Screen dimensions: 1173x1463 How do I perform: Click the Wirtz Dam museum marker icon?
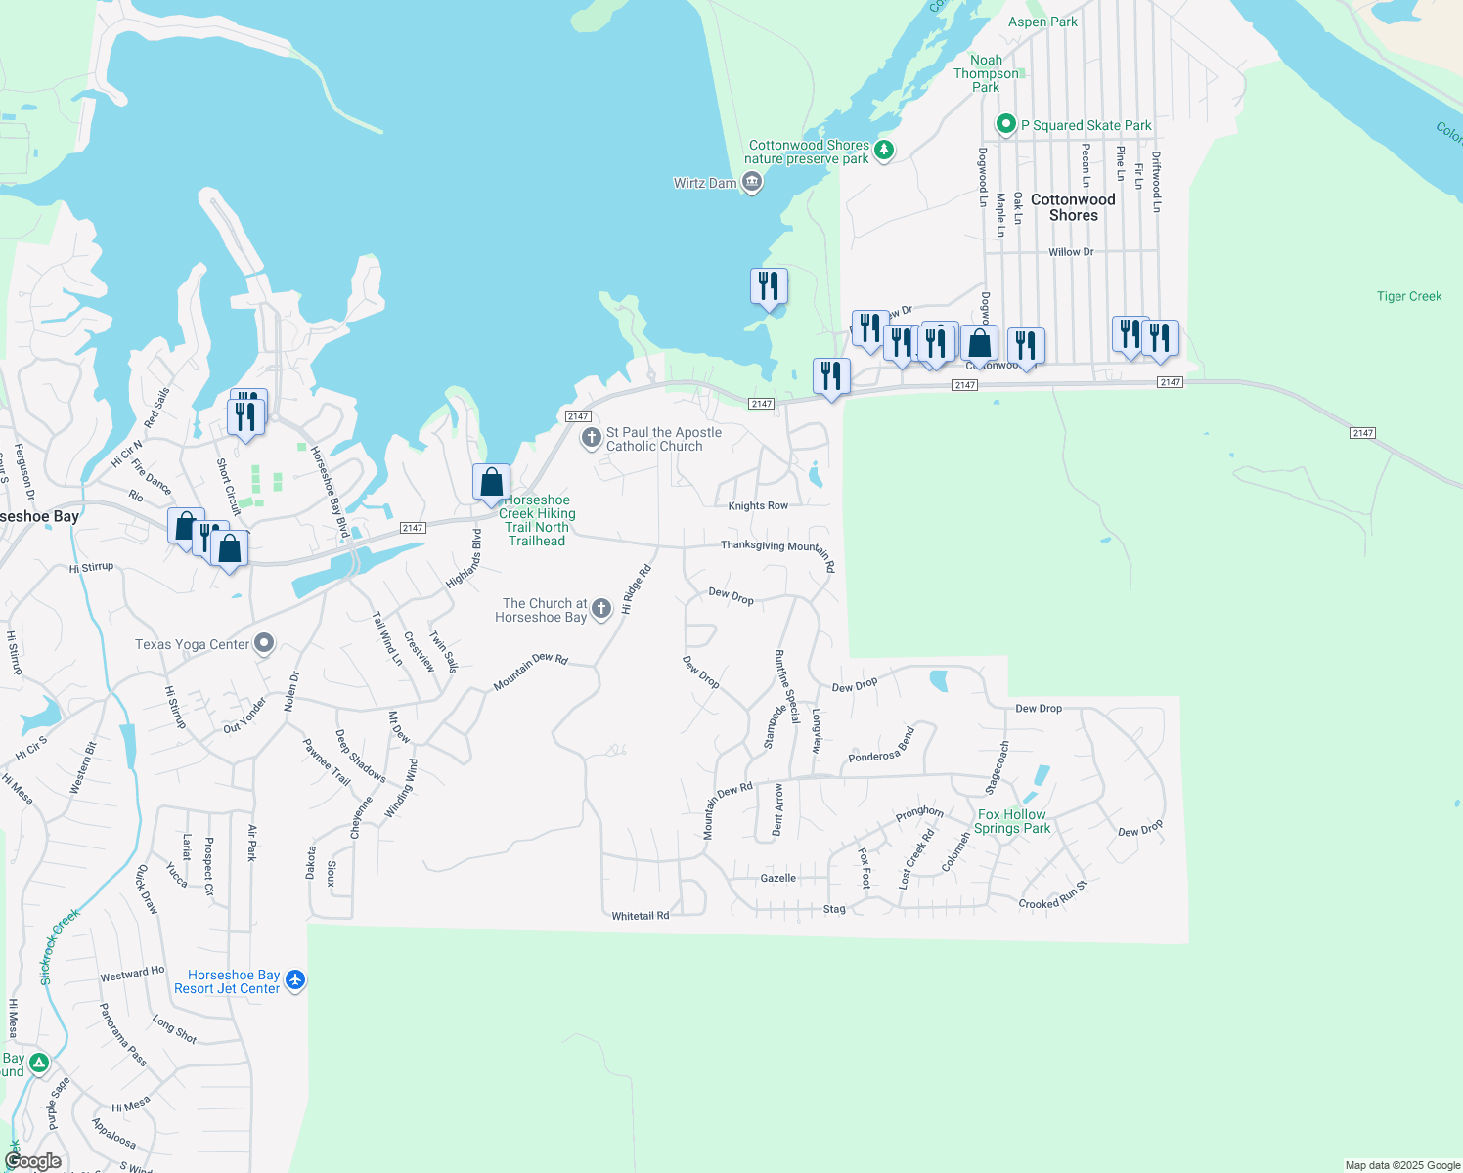(752, 182)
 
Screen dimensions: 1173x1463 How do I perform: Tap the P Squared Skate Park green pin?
(1005, 125)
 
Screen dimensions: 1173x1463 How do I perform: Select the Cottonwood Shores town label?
(1073, 207)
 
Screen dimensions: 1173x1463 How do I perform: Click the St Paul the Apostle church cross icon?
(591, 438)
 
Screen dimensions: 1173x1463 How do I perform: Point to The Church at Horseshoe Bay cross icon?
(601, 609)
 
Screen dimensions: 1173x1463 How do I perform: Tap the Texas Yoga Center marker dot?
(264, 643)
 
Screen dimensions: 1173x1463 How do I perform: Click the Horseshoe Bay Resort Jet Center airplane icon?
(295, 980)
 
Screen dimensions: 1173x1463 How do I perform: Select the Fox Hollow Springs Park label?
(1012, 821)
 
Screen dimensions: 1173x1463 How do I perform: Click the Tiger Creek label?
(1408, 296)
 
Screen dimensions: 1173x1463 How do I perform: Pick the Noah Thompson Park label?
(986, 73)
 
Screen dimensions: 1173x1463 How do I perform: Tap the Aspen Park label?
(1042, 22)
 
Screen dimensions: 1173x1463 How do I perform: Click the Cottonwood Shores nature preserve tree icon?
(884, 151)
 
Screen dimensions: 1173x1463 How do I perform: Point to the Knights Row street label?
(758, 506)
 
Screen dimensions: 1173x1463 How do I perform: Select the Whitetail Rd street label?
(641, 916)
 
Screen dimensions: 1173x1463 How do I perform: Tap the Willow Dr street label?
(1071, 252)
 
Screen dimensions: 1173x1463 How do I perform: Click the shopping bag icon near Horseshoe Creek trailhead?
(491, 482)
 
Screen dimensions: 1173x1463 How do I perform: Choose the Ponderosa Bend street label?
(881, 745)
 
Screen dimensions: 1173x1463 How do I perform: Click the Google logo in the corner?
(33, 1161)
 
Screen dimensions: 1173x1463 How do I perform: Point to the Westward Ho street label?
(132, 974)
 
